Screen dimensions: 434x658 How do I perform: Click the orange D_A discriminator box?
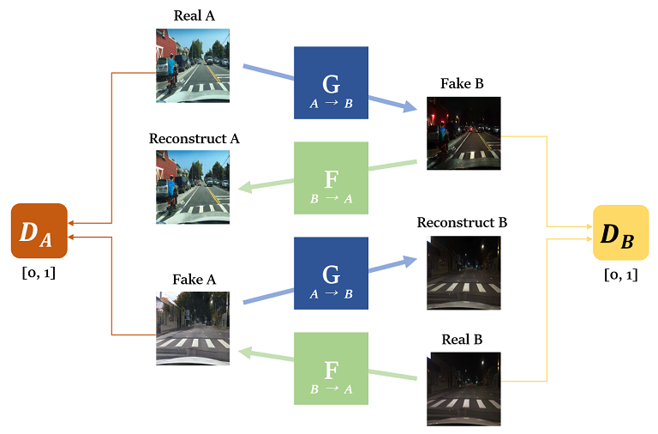tap(39, 231)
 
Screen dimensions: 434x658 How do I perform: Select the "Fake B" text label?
tap(463, 83)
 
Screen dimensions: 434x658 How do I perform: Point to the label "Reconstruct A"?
tap(193, 138)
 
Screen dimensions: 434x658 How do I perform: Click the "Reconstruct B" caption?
tap(462, 222)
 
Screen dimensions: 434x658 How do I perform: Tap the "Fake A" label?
tap(194, 280)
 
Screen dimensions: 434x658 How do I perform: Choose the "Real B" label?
tap(463, 340)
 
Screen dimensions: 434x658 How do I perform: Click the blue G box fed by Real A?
tap(331, 82)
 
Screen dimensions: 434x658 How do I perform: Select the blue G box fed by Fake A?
tap(331, 274)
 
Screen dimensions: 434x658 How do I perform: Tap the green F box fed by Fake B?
tap(331, 178)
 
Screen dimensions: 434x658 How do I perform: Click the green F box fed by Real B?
tap(331, 370)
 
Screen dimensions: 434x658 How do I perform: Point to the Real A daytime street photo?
tap(193, 65)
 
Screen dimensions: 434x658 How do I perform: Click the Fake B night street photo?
tap(464, 133)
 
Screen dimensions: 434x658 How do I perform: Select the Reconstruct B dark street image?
tap(464, 273)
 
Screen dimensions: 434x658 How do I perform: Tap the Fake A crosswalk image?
tap(193, 329)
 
